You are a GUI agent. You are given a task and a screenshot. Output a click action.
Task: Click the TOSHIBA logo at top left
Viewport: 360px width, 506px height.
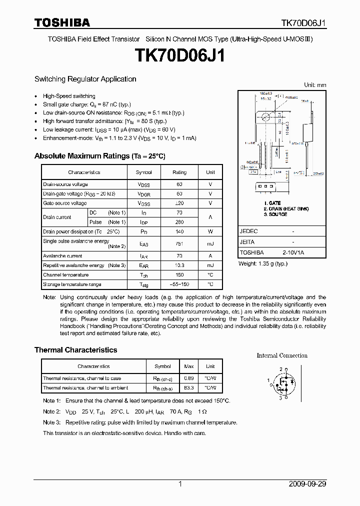pyautogui.click(x=62, y=22)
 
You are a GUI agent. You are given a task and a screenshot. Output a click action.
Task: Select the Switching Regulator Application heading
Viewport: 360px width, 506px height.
pyautogui.click(x=85, y=79)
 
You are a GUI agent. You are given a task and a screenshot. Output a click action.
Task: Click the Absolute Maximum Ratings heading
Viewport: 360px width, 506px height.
pyautogui.click(x=99, y=156)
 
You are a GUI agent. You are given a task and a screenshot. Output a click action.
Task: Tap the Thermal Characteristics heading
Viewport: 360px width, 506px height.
pyautogui.click(x=75, y=350)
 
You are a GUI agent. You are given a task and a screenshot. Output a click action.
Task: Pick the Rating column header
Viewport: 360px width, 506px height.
pyautogui.click(x=179, y=172)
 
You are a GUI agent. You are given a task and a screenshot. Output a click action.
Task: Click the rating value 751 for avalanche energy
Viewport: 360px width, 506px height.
pyautogui.click(x=179, y=243)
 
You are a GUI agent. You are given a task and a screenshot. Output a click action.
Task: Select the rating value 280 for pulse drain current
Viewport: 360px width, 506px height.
pyautogui.click(x=179, y=222)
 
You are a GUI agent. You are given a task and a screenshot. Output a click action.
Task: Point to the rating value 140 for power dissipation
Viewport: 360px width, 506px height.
pyautogui.click(x=179, y=231)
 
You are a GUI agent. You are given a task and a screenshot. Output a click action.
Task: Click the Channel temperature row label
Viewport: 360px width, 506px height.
pyautogui.click(x=65, y=275)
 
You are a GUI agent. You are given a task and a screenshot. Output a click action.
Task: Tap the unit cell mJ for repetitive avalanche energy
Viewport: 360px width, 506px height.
pyautogui.click(x=210, y=265)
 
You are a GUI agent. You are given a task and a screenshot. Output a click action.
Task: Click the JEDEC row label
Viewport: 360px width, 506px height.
pyautogui.click(x=248, y=232)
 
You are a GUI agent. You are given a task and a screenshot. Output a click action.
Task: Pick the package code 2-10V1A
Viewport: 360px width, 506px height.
pyautogui.click(x=292, y=253)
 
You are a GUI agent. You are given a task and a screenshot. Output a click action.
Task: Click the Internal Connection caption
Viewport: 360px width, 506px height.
pyautogui.click(x=282, y=355)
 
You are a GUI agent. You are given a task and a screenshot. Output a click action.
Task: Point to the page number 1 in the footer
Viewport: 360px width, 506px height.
pyautogui.click(x=180, y=484)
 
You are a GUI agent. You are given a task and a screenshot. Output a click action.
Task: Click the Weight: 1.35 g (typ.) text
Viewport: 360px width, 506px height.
pyautogui.click(x=263, y=263)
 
